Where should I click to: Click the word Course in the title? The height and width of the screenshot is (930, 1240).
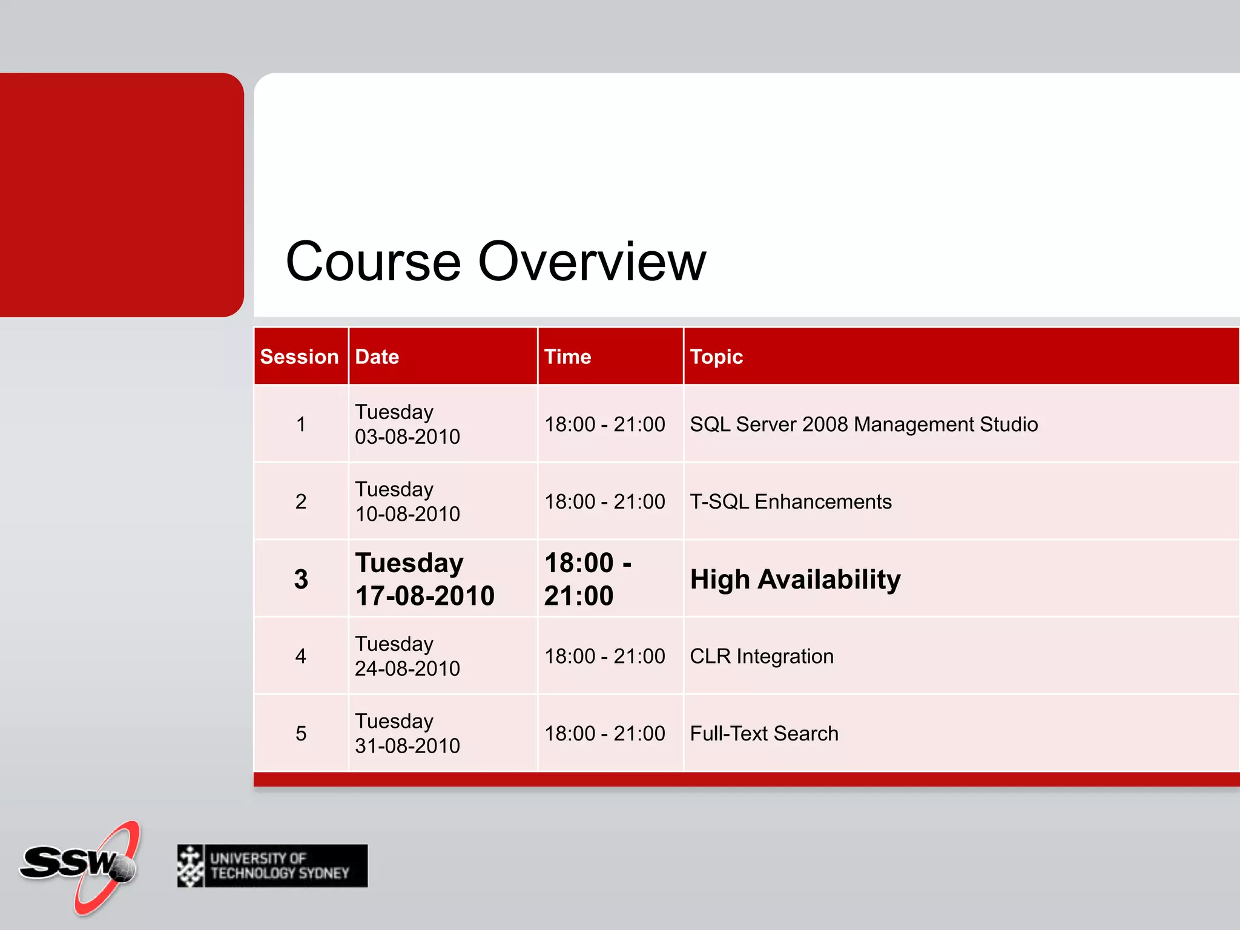(x=372, y=262)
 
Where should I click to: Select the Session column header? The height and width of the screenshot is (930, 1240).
(x=299, y=357)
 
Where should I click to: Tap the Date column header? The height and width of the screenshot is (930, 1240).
(x=377, y=357)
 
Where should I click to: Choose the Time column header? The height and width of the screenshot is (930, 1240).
(x=567, y=357)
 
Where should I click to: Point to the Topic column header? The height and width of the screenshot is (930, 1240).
(x=716, y=357)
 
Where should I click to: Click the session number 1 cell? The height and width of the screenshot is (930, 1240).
(x=301, y=424)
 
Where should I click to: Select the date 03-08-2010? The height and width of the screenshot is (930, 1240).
(x=407, y=437)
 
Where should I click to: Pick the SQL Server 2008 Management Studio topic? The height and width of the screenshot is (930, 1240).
(x=863, y=424)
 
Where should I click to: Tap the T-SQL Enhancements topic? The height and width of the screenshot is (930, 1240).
(x=790, y=502)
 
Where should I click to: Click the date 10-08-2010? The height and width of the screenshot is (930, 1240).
(x=407, y=514)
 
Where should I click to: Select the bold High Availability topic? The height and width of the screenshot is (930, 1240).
(x=795, y=579)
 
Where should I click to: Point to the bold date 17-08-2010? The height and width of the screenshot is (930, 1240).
(x=425, y=596)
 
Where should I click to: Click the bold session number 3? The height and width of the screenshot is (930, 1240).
(x=301, y=579)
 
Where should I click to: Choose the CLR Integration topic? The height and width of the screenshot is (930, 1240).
(x=762, y=656)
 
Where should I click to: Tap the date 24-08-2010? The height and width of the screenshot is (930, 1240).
(x=407, y=668)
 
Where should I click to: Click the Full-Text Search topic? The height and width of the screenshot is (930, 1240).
(x=764, y=734)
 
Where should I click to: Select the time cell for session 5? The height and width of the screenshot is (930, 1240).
(x=604, y=734)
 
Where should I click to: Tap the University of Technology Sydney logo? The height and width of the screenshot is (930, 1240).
(x=272, y=866)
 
